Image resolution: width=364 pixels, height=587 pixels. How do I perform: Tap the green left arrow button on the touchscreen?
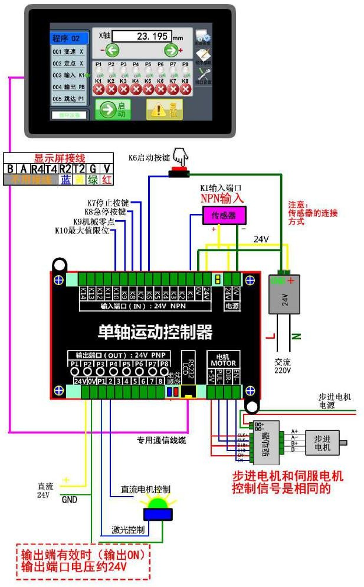click(113, 50)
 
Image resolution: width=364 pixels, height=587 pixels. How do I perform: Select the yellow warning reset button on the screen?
click(165, 109)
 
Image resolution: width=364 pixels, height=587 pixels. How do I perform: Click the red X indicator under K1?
click(99, 89)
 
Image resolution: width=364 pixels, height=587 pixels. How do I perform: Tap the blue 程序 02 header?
click(70, 38)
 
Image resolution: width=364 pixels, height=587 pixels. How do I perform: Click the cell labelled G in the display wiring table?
click(93, 168)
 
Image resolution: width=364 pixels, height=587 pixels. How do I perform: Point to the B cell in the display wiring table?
click(10, 168)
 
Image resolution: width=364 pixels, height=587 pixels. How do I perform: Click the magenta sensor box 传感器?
click(224, 216)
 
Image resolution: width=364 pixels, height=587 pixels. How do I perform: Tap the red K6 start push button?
click(179, 172)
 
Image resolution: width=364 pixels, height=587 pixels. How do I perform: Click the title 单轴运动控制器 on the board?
click(155, 332)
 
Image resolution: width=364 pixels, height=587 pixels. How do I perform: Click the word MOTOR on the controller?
click(223, 362)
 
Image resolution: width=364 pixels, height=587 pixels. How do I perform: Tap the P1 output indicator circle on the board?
click(74, 373)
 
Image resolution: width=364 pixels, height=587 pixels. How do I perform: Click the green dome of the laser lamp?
click(158, 503)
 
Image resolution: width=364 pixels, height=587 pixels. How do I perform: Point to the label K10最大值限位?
click(82, 231)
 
